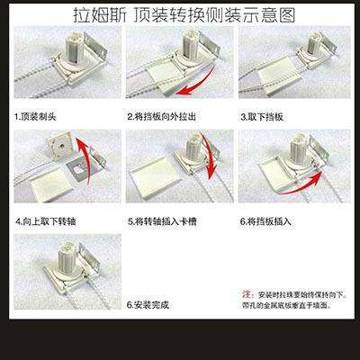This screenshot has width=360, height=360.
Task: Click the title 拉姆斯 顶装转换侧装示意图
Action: [184, 15]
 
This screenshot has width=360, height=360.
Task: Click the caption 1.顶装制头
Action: [35, 116]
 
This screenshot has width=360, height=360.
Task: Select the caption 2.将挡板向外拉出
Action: [162, 116]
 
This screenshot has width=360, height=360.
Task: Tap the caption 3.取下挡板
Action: [262, 117]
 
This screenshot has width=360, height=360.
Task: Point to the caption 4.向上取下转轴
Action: [46, 221]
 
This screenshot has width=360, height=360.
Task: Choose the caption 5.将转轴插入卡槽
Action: [162, 221]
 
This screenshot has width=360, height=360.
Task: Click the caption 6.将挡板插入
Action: [265, 221]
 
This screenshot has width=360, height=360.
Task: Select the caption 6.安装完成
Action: [148, 305]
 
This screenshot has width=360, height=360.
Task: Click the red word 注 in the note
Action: [247, 294]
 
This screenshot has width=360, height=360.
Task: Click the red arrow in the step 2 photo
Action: [204, 85]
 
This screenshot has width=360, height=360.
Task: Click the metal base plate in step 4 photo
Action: [78, 170]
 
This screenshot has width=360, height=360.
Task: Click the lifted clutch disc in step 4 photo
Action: [61, 146]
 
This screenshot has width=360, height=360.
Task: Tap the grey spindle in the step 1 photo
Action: [76, 46]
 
